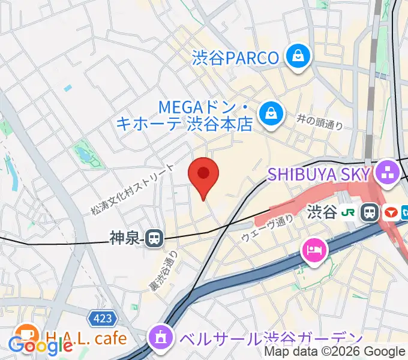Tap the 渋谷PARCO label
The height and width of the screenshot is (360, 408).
[236, 58]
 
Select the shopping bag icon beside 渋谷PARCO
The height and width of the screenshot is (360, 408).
[297, 57]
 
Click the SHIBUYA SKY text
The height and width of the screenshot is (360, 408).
[318, 175]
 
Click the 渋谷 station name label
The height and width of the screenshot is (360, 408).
[322, 212]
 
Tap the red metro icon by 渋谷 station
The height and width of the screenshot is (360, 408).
[391, 212]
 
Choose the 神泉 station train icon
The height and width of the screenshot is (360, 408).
[155, 239]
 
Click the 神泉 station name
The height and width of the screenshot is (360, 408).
[125, 239]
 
